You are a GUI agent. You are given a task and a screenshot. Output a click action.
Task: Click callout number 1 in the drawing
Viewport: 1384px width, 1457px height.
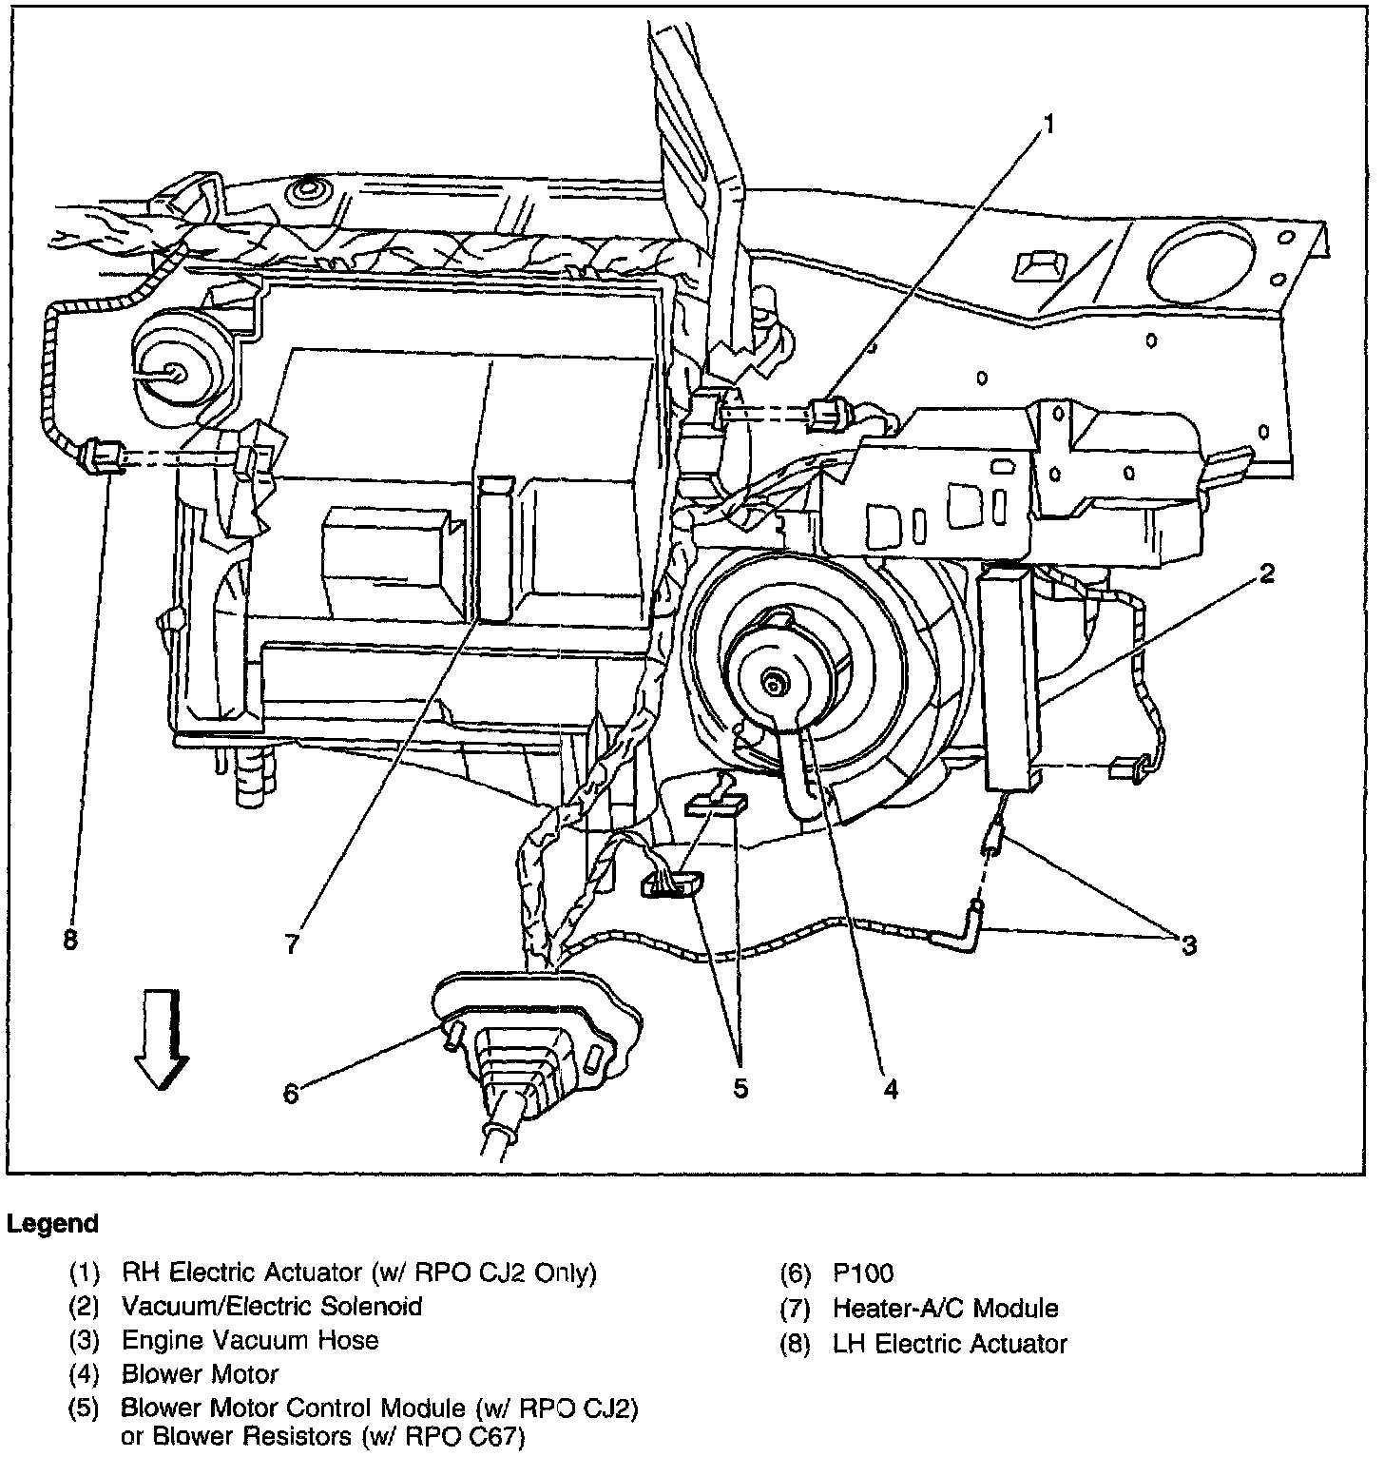[1048, 126]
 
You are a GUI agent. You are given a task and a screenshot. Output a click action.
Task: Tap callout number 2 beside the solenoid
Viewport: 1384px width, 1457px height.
[1266, 573]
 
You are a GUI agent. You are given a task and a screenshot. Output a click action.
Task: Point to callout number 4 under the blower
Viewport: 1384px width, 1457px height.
[890, 1089]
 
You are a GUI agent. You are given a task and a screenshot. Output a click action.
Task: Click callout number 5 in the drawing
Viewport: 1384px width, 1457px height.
[740, 1088]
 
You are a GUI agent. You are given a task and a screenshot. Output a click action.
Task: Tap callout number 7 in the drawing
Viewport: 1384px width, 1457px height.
[292, 942]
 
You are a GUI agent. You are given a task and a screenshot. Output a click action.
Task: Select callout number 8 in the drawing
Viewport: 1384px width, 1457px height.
[69, 942]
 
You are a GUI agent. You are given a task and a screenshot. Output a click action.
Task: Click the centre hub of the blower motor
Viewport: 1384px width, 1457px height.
[777, 681]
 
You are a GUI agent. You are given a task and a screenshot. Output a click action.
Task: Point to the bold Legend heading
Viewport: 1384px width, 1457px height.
[52, 1224]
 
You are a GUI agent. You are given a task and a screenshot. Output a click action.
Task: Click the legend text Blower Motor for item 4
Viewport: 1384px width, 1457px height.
[200, 1374]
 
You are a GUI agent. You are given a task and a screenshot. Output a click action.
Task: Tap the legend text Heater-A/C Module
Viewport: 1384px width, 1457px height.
[945, 1309]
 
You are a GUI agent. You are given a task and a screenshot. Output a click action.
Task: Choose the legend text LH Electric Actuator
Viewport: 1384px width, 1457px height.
[950, 1343]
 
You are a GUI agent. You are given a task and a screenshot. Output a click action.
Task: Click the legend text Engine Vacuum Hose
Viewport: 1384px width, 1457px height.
[250, 1341]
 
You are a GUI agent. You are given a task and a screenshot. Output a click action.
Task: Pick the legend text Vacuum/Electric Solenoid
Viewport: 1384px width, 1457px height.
[272, 1307]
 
